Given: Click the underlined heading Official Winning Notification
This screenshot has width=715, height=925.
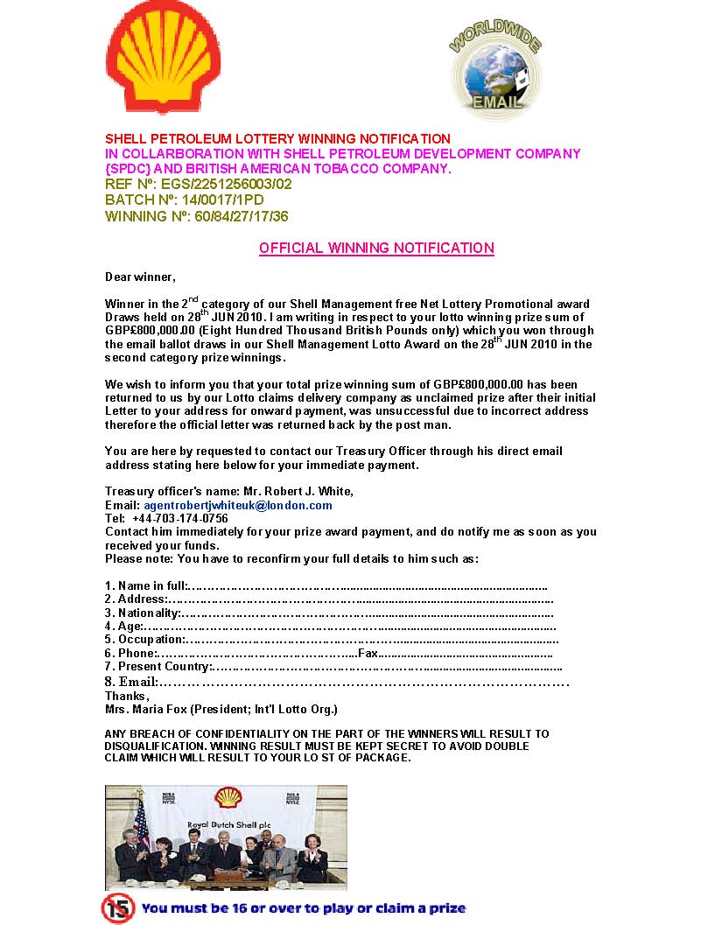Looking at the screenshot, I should (376, 249).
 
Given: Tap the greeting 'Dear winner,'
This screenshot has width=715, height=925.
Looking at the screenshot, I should (140, 277).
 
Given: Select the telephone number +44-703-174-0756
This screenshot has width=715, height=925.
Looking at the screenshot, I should (179, 519).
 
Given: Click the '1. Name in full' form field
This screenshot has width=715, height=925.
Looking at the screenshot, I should (326, 585).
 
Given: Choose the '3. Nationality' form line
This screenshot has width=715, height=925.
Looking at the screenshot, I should (329, 613).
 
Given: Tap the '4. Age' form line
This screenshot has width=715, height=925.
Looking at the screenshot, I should (330, 627).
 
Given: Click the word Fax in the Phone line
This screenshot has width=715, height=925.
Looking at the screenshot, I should (368, 654).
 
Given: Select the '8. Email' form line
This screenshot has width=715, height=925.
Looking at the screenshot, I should (337, 682).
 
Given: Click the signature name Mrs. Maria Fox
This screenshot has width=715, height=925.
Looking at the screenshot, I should (146, 709).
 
